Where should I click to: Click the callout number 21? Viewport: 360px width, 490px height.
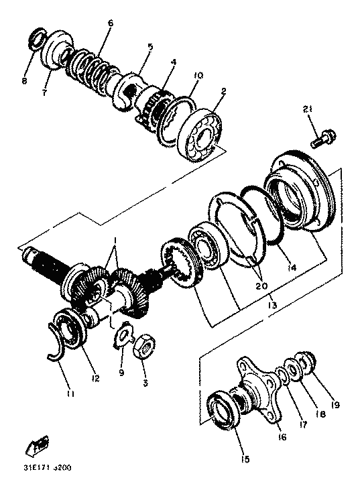click(307, 109)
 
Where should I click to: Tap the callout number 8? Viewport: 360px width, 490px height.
click(24, 81)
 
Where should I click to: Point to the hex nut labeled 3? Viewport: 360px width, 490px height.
click(143, 346)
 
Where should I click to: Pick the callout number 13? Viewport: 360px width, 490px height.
click(272, 305)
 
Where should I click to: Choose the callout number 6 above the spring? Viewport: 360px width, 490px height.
click(111, 23)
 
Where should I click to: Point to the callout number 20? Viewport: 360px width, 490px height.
click(261, 286)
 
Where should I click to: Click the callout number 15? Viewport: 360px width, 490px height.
click(245, 459)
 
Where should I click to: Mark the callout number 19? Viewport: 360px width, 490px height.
click(335, 405)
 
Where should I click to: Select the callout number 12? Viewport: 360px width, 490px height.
click(95, 378)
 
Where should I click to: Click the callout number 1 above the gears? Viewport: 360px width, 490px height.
click(115, 240)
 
